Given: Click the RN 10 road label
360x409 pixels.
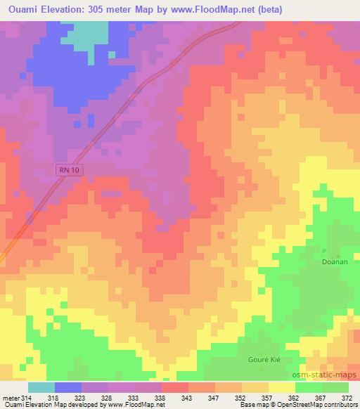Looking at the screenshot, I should pos(67,169).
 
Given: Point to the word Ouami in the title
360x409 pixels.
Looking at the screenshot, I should pos(20,10).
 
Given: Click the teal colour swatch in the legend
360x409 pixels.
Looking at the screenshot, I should pos(41,387).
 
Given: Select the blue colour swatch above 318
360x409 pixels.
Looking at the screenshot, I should pos(68,387).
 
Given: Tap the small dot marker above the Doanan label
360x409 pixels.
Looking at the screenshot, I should pos(324,250).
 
